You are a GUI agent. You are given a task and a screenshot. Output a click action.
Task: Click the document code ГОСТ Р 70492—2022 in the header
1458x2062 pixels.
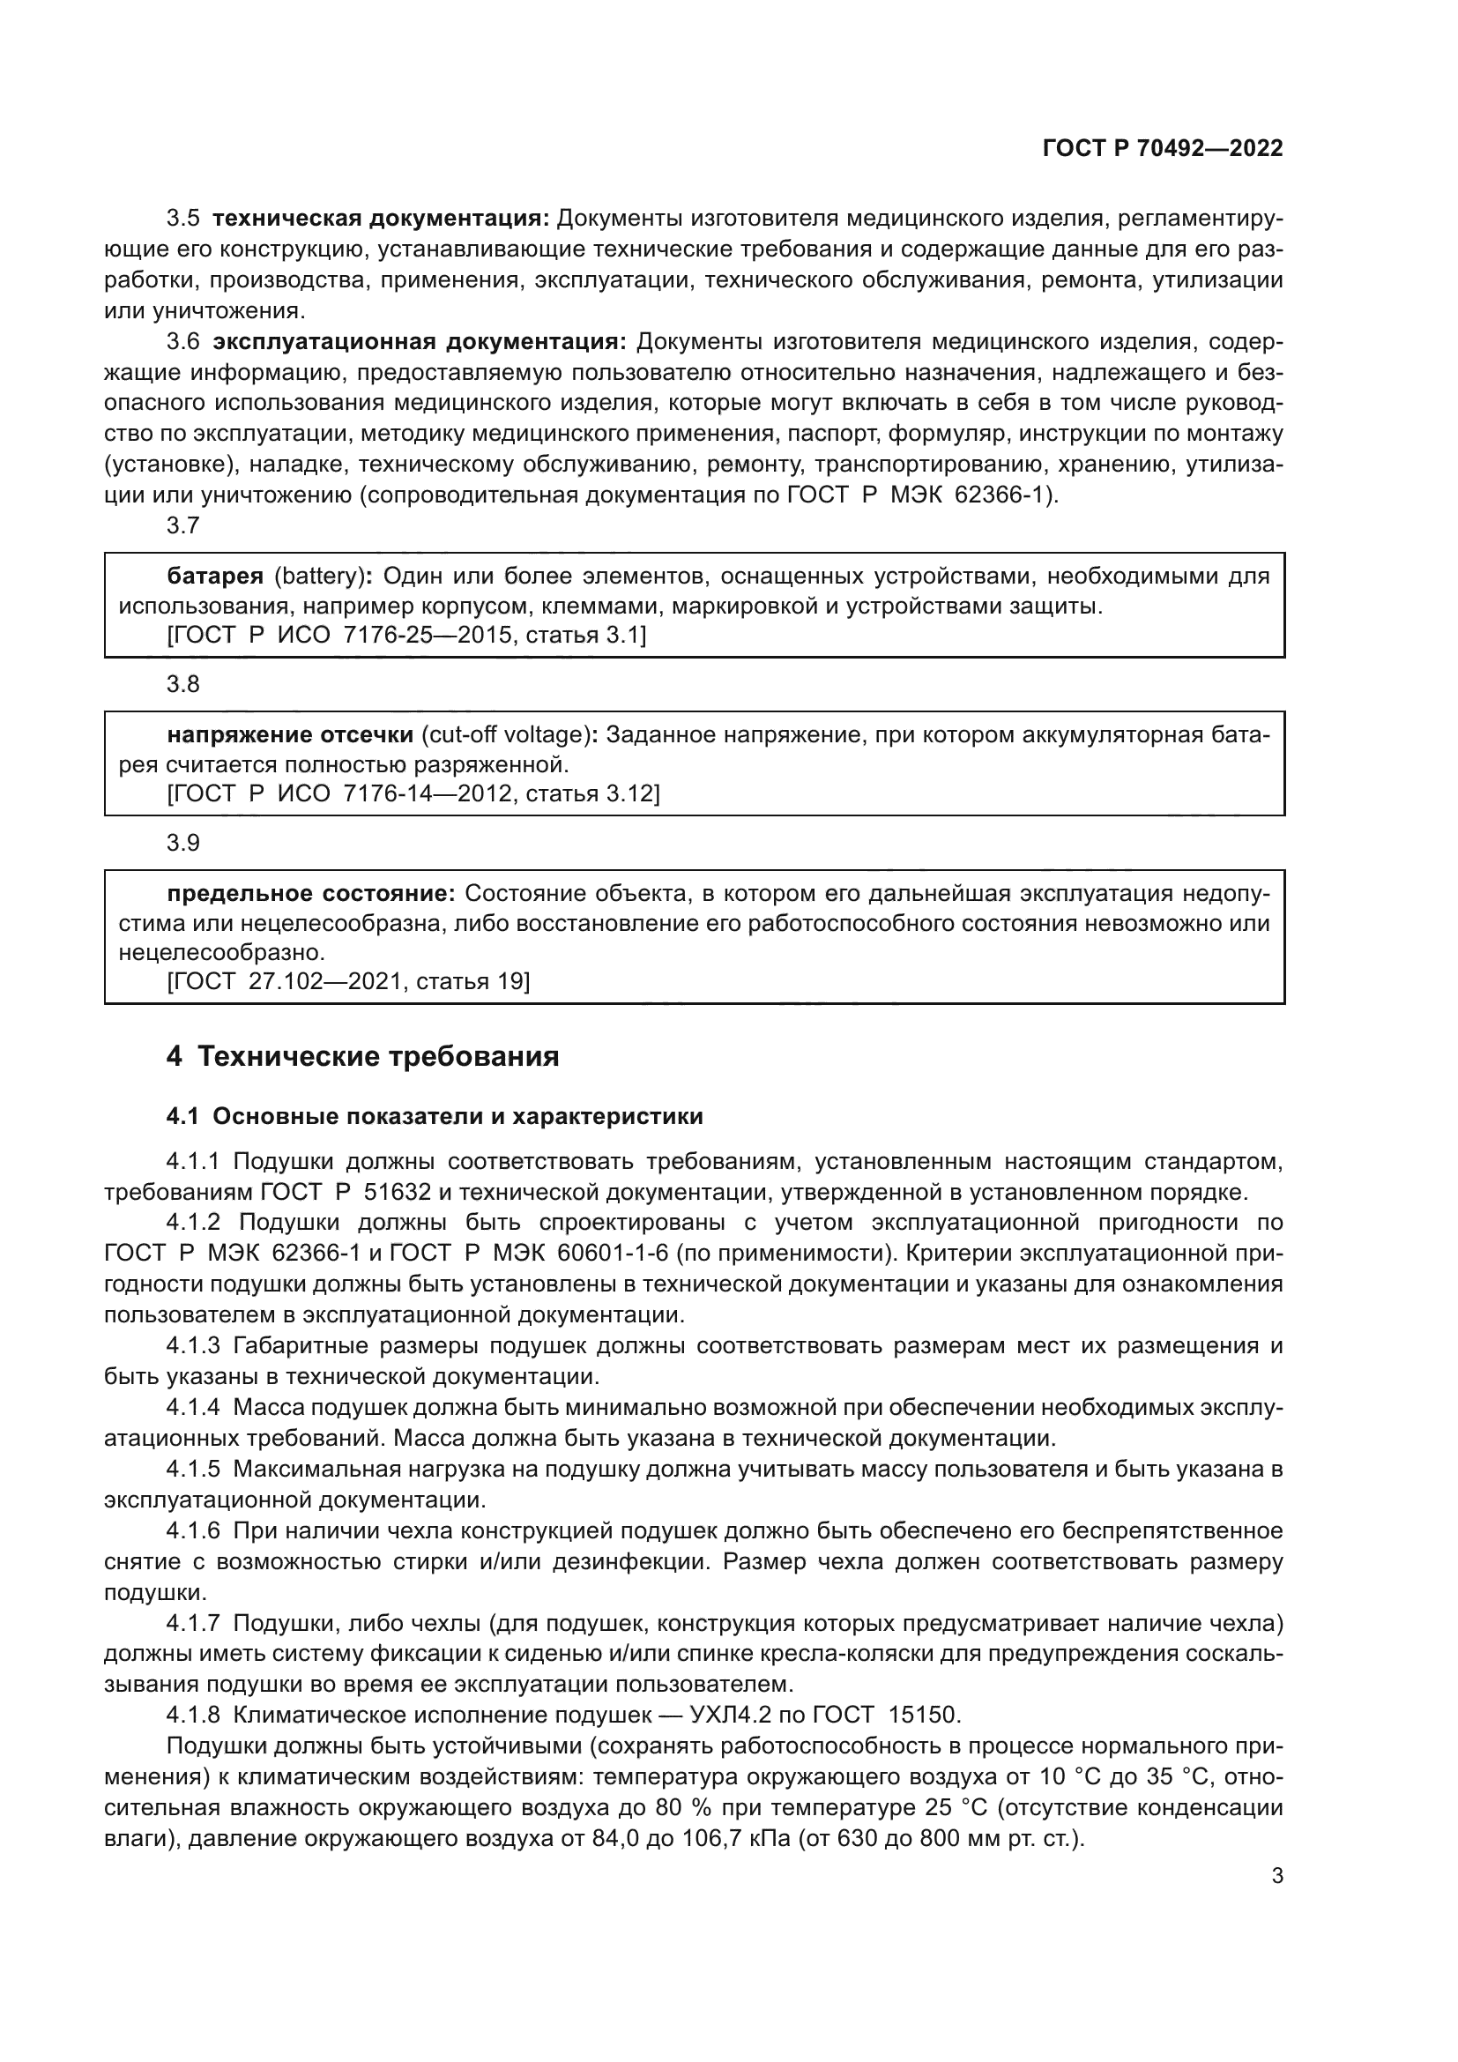click(1162, 149)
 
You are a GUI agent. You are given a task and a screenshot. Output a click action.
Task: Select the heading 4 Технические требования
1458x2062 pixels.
click(362, 1057)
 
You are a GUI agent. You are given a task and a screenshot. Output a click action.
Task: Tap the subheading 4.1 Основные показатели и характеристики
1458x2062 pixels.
click(435, 1116)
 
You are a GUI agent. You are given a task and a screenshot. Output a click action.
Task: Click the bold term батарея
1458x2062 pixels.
click(215, 576)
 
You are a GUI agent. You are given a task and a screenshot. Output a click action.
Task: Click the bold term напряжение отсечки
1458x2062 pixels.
click(290, 734)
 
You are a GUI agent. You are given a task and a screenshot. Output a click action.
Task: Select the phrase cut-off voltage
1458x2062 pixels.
click(505, 734)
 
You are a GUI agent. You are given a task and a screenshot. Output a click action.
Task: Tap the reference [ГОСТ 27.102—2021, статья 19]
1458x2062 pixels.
click(348, 981)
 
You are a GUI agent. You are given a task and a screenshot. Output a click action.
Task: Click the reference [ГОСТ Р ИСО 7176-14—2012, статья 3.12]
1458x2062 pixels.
click(413, 794)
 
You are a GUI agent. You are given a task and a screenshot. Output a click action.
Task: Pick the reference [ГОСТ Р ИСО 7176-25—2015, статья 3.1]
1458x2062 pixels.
click(405, 635)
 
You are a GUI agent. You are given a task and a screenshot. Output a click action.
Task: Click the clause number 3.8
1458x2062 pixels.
click(183, 684)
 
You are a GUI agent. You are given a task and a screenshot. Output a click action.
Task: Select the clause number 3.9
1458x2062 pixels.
click(183, 843)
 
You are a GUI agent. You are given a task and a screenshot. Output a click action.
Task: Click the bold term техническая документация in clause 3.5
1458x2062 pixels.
click(381, 219)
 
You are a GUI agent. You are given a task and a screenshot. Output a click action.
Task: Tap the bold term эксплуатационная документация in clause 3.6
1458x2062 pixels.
click(420, 341)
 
